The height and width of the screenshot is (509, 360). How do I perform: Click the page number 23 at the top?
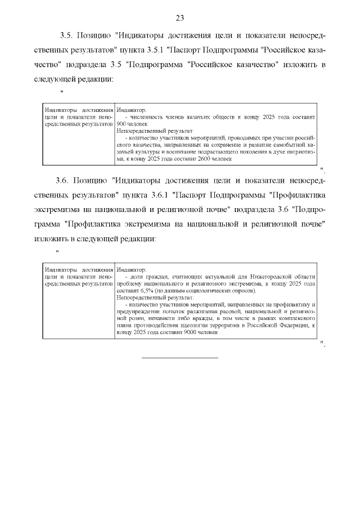pyautogui.click(x=180, y=18)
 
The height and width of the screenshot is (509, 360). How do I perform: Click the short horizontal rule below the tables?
pyautogui.click(x=179, y=357)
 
